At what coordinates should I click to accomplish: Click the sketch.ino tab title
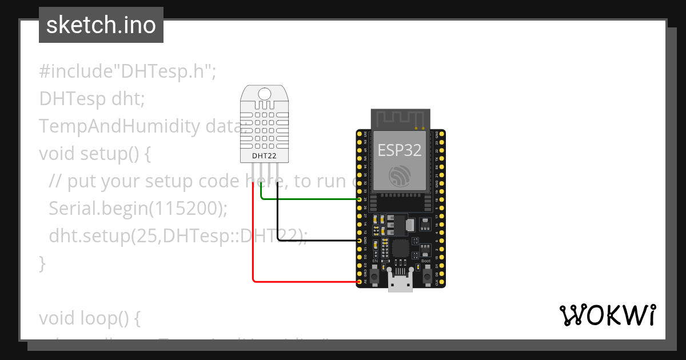coord(101,25)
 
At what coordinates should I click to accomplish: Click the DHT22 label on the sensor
coord(264,155)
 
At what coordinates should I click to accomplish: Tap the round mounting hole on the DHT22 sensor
coord(264,94)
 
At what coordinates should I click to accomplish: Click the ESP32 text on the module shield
coord(400,150)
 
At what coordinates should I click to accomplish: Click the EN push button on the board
coord(375,277)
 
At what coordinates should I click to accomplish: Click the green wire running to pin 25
coord(309,199)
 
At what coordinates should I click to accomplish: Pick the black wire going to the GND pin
coord(314,241)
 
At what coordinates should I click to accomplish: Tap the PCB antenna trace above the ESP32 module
coord(400,119)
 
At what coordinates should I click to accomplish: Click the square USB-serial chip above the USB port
coord(400,248)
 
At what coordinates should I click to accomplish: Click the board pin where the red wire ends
coord(359,282)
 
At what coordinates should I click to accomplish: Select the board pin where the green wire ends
coord(359,199)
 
